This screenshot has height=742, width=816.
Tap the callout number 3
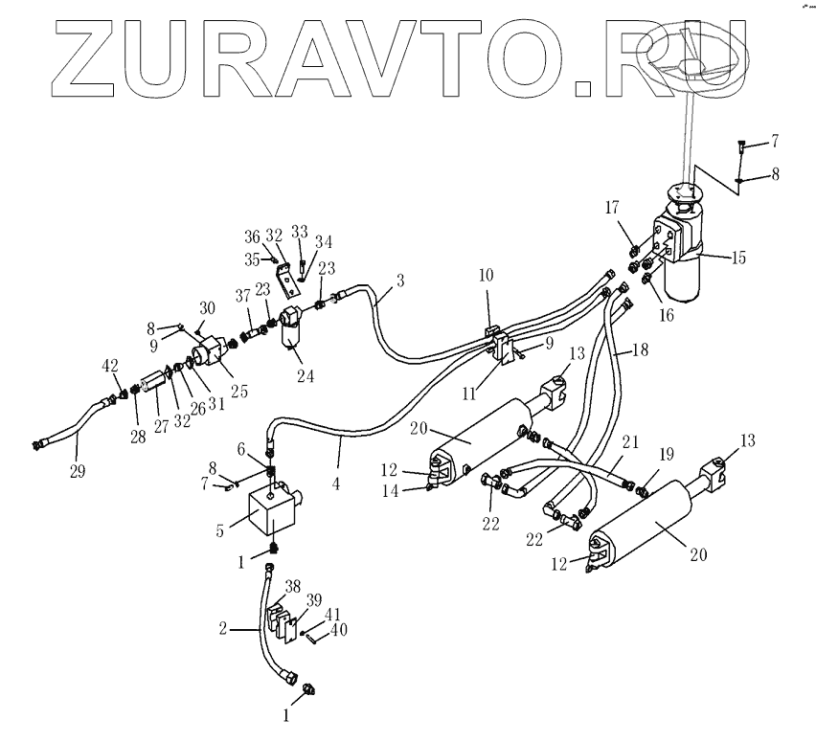[x=399, y=281]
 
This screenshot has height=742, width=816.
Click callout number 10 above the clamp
[x=486, y=274]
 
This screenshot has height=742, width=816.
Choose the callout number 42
[x=110, y=365]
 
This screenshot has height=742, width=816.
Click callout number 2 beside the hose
[x=222, y=629]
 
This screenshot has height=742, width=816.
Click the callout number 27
[x=161, y=426]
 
